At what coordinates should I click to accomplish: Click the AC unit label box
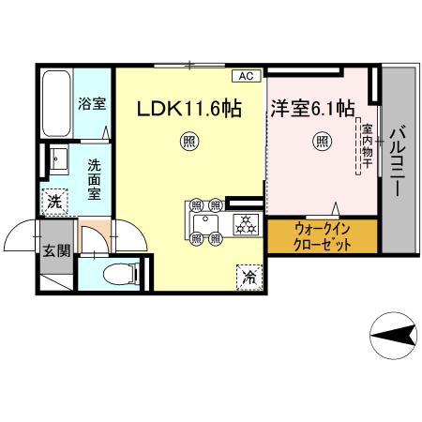[x=247, y=76]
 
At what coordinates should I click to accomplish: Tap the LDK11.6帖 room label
[x=189, y=109]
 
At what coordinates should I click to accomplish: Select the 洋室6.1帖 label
[x=312, y=109]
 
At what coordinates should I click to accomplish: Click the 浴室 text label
[x=92, y=104]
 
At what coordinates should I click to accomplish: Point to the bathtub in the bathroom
[x=56, y=103]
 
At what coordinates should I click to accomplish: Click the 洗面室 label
[x=94, y=179]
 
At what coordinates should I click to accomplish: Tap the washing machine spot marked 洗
[x=54, y=203]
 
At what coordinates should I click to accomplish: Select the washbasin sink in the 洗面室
[x=59, y=160]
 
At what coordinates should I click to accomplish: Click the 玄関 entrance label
[x=56, y=250]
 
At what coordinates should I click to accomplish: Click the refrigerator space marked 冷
[x=249, y=278]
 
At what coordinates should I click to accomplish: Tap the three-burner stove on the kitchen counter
[x=246, y=224]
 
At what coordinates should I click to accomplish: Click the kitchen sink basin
[x=205, y=224]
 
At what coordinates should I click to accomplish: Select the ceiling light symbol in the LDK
[x=189, y=142]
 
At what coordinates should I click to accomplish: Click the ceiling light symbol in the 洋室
[x=322, y=142]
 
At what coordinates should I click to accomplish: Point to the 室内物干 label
[x=367, y=146]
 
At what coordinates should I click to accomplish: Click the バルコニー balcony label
[x=398, y=160]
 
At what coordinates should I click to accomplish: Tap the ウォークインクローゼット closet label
[x=323, y=237]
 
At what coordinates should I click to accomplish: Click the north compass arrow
[x=394, y=337]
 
